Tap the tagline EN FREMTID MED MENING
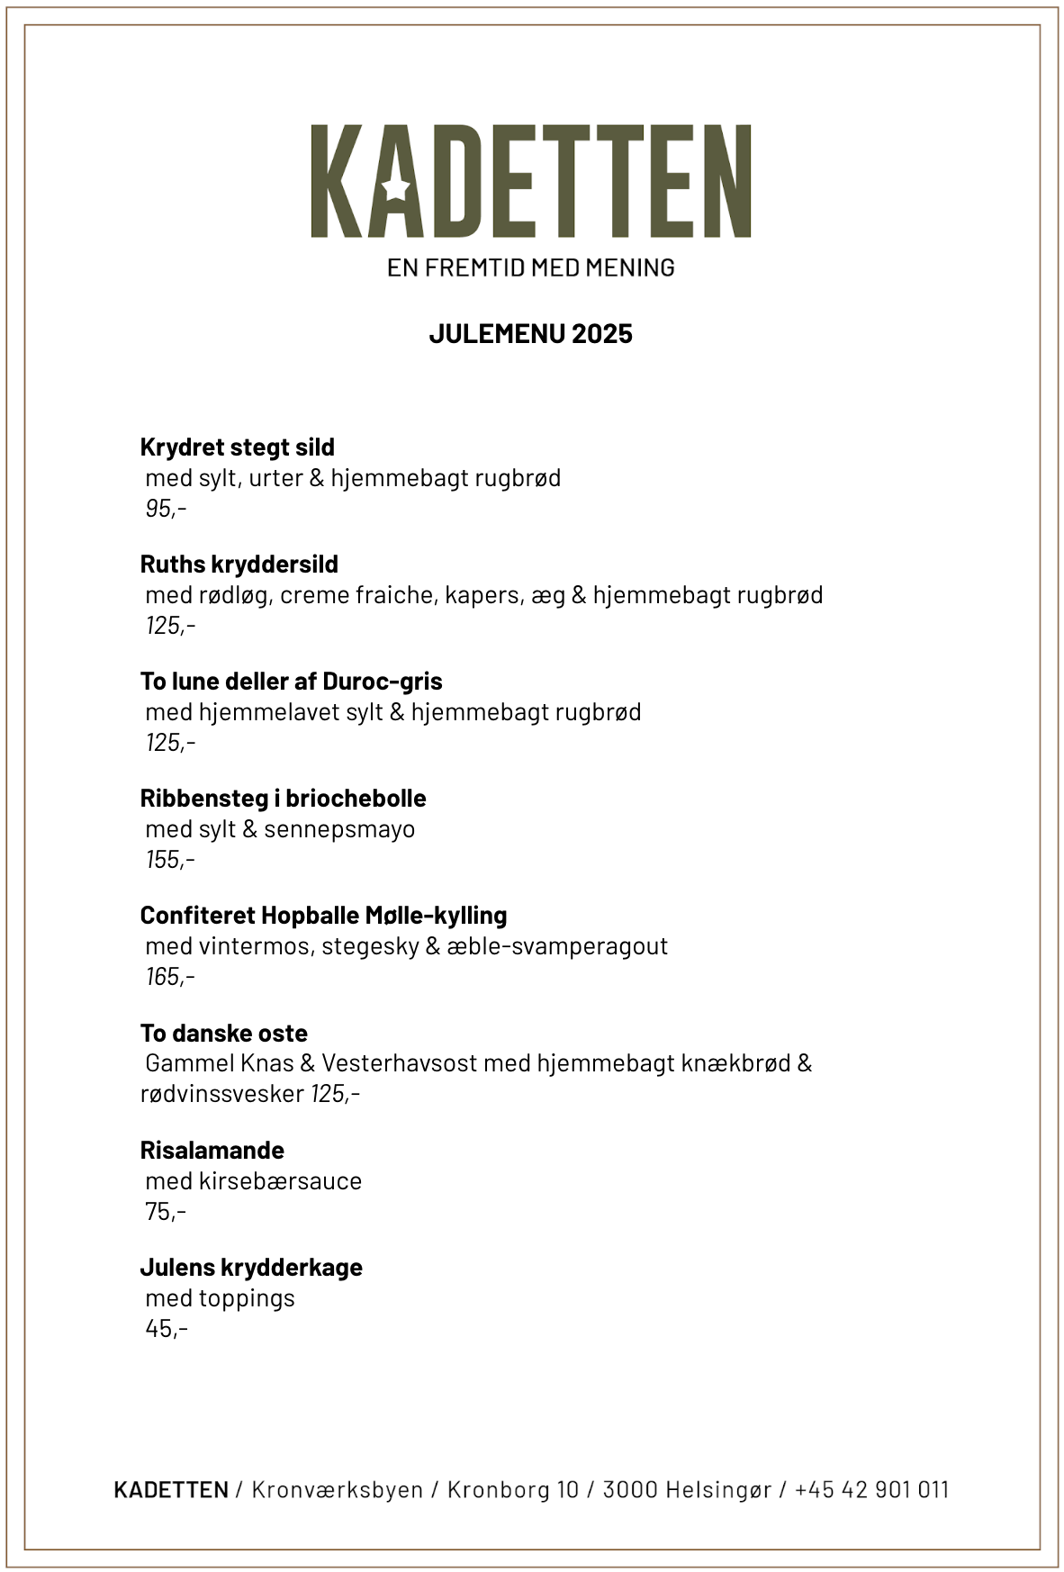[530, 267]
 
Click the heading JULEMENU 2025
[530, 334]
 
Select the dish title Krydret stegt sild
[237, 447]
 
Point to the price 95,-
[166, 509]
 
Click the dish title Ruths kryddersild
[239, 565]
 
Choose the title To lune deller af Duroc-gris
[291, 682]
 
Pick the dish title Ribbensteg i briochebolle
[283, 799]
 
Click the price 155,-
[170, 860]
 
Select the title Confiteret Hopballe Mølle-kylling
[323, 916]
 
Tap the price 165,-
[170, 977]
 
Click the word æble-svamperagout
[557, 946]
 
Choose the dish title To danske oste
[223, 1034]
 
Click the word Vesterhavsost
[399, 1063]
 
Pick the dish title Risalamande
[212, 1151]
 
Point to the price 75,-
[166, 1212]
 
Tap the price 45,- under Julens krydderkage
[167, 1329]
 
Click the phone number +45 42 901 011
[871, 1490]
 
